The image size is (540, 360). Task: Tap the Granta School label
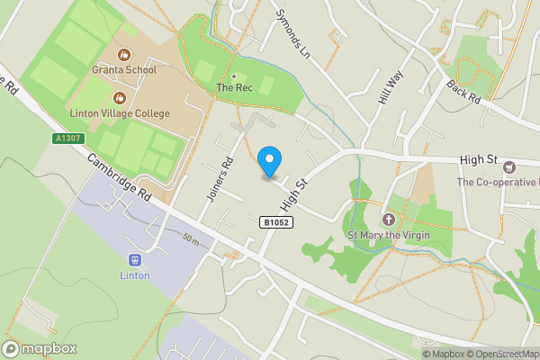click(124, 70)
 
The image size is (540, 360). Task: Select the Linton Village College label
click(119, 114)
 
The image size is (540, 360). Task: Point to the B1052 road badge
click(276, 221)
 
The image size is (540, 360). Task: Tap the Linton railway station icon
click(136, 259)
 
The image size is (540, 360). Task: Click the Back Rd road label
click(464, 91)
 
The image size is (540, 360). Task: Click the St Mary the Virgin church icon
click(389, 220)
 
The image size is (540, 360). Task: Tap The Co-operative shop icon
click(509, 166)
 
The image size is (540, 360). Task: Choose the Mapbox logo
click(40, 349)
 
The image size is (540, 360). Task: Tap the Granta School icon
click(124, 54)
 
